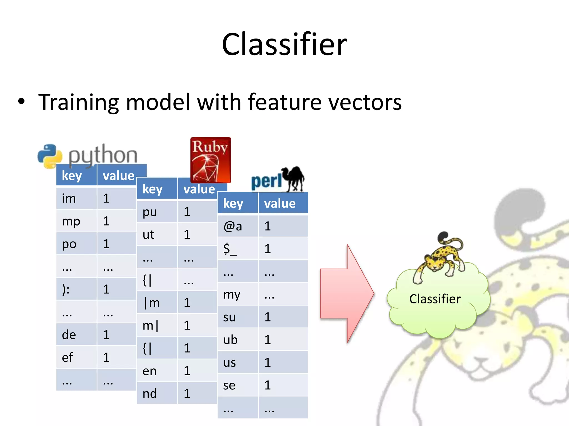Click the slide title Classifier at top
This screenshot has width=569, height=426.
pos(284,44)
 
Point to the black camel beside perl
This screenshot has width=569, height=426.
pos(294,179)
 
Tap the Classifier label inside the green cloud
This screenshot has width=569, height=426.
pos(435,299)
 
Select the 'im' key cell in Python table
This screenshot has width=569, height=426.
pos(76,198)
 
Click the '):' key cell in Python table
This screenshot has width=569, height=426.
pos(76,289)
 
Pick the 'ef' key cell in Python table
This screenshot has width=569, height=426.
pos(76,357)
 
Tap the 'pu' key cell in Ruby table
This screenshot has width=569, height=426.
pos(157,212)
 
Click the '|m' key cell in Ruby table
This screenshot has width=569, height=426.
pos(157,303)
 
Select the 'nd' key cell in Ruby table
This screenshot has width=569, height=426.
pos(157,393)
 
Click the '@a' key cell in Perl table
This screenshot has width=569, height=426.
pos(238,226)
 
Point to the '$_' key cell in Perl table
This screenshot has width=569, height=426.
pos(238,249)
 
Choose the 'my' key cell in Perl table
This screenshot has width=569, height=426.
pos(238,294)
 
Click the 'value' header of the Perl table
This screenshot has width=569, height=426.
pos(283,203)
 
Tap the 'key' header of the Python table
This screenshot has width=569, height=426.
pos(76,176)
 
